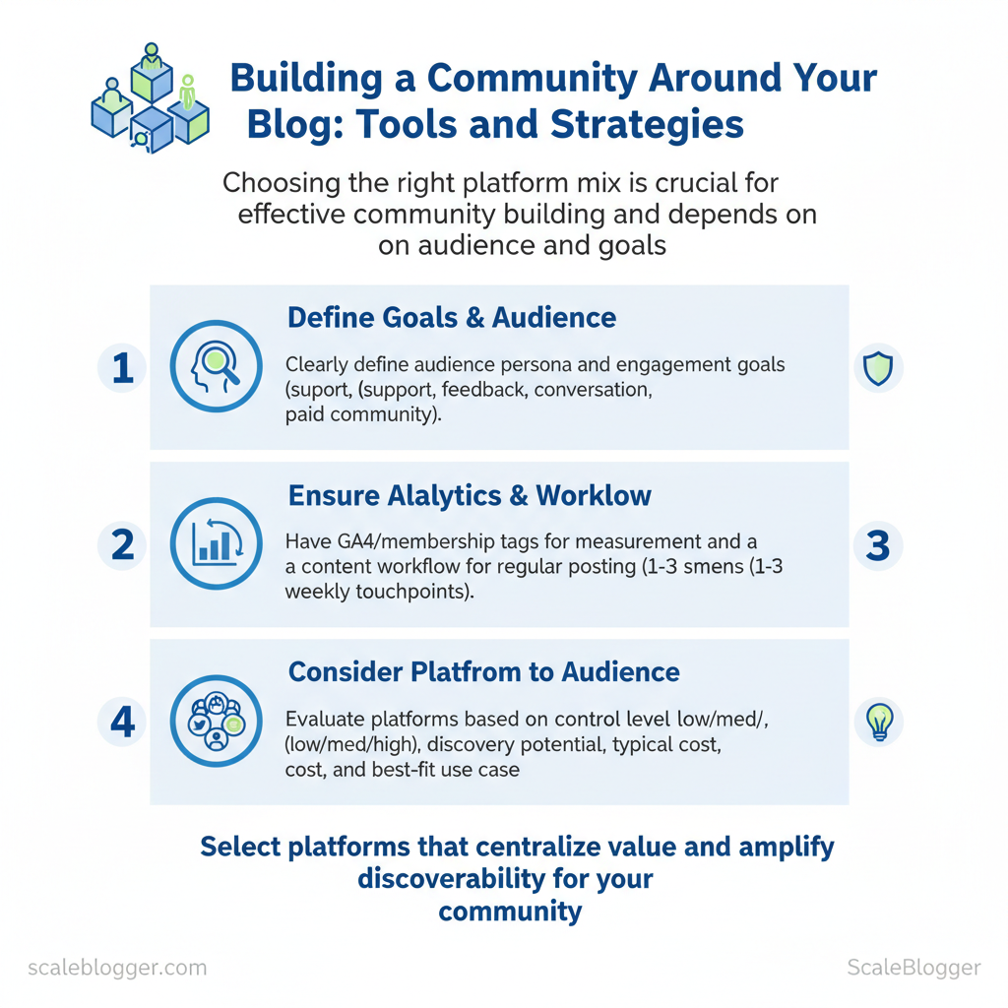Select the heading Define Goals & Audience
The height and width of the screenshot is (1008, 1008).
tap(452, 318)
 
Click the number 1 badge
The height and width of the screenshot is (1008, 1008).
tap(122, 368)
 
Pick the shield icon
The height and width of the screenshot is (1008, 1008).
tap(877, 368)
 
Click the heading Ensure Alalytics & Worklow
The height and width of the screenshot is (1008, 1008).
tap(470, 495)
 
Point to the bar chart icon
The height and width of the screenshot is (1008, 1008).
tap(217, 544)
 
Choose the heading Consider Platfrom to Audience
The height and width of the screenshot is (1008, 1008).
tap(483, 672)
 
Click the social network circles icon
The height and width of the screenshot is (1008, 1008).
tap(217, 722)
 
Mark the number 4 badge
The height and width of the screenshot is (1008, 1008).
tap(122, 723)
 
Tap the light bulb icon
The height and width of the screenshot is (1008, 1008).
tap(877, 722)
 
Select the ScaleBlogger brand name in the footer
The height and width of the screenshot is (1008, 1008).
tap(913, 967)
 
